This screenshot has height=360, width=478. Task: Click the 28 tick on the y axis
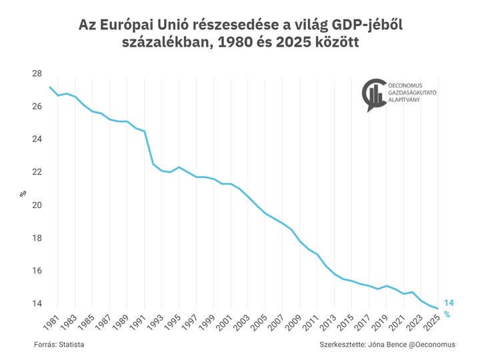pos(36,74)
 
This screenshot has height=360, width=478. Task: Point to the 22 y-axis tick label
pos(36,172)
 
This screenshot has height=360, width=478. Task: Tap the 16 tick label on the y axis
pos(36,271)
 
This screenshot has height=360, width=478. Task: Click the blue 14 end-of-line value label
pos(449,303)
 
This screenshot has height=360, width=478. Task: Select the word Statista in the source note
pos(71,345)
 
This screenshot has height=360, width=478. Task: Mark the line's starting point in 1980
pos(49,87)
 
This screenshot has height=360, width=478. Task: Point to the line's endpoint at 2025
pos(437,308)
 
